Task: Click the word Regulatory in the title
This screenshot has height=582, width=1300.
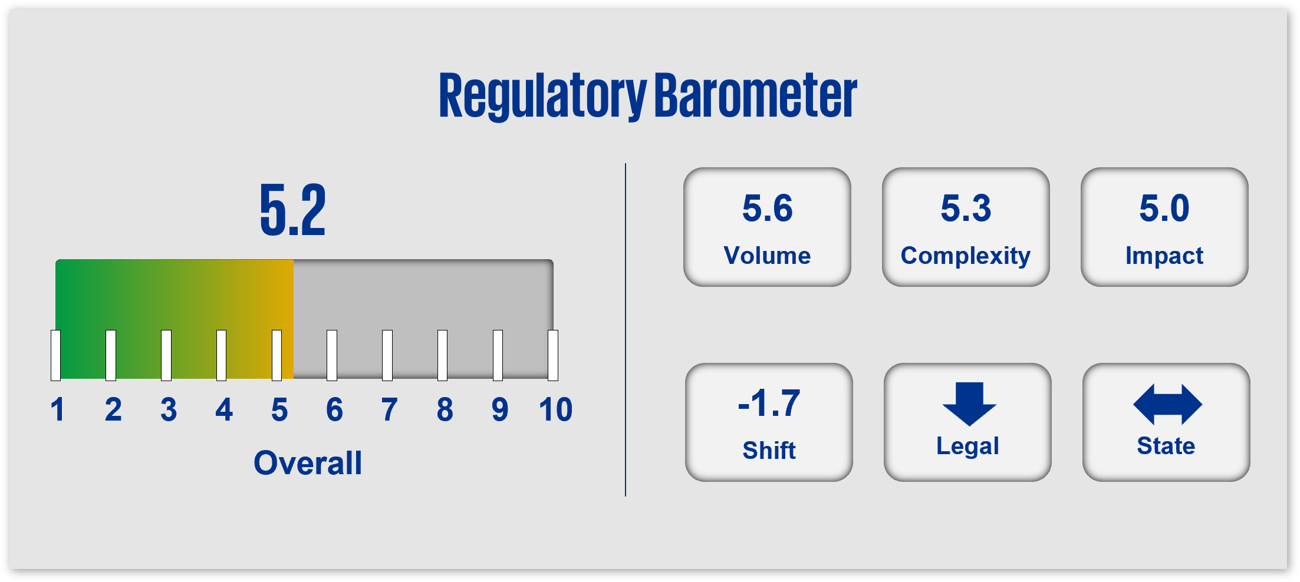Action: (x=542, y=95)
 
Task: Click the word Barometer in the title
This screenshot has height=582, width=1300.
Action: (x=756, y=94)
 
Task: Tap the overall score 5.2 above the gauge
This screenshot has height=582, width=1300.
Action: (x=293, y=210)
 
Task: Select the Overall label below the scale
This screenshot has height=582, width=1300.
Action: (x=308, y=463)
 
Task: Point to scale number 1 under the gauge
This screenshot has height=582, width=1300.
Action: (x=57, y=409)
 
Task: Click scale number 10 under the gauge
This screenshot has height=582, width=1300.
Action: (x=555, y=409)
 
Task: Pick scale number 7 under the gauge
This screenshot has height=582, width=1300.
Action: (x=389, y=409)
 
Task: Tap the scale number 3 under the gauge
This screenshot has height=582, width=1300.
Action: (x=169, y=409)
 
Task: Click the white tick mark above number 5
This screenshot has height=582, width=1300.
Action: (x=277, y=355)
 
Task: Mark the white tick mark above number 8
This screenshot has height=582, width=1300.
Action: (x=442, y=355)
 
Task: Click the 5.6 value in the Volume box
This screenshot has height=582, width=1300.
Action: (x=767, y=209)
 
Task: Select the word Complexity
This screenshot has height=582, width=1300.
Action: (x=966, y=256)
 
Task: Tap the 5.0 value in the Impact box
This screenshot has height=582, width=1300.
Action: (x=1164, y=209)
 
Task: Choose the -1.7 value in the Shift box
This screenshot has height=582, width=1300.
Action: (x=769, y=404)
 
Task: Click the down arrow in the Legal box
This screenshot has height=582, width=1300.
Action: (x=969, y=404)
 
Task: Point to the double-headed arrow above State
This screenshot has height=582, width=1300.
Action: (x=1167, y=405)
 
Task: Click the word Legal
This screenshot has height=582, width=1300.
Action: (x=967, y=447)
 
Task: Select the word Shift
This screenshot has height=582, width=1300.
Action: (x=769, y=451)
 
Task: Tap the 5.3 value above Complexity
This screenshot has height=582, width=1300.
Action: (x=966, y=209)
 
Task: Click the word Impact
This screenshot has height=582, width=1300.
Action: (x=1164, y=256)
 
